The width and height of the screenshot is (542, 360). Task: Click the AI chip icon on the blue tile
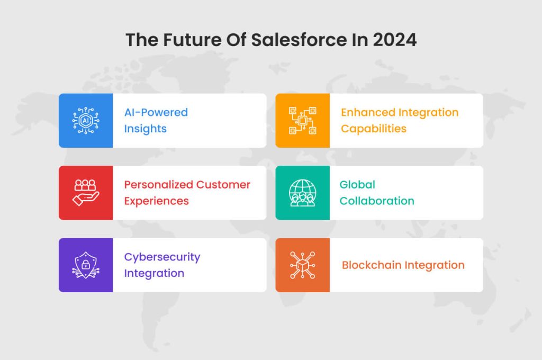click(85, 120)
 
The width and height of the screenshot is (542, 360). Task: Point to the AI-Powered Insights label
click(156, 120)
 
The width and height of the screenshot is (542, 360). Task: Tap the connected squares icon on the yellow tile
click(302, 120)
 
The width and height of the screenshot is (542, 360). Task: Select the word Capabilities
click(373, 129)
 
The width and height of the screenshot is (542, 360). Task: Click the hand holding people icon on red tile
click(85, 193)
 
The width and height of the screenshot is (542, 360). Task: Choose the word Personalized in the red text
click(158, 185)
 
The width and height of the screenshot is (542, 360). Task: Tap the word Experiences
click(156, 201)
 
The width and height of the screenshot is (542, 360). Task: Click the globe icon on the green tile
click(302, 193)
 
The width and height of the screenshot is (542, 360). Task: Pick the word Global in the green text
click(357, 185)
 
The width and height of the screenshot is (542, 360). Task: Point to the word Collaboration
click(376, 201)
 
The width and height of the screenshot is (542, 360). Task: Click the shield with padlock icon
click(85, 265)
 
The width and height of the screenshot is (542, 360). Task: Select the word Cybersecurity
click(162, 257)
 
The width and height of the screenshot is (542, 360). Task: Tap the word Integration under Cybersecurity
click(154, 273)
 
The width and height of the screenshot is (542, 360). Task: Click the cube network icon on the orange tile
click(302, 265)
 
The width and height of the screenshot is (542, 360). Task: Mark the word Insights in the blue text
click(145, 129)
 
